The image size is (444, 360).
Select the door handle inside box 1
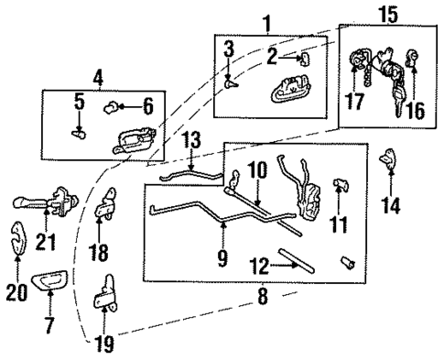coord(287,93)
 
